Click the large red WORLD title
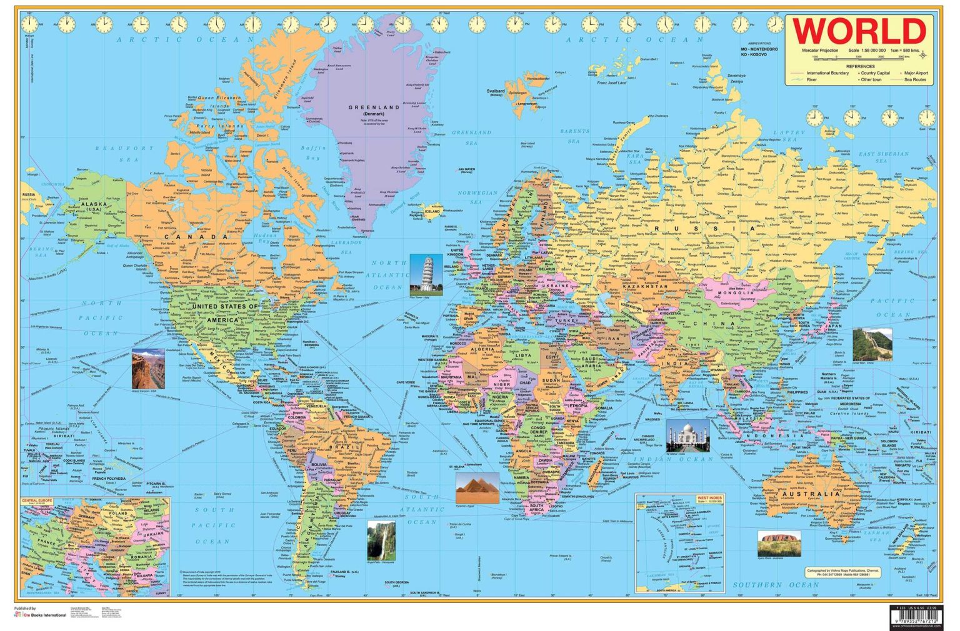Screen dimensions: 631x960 (859, 31)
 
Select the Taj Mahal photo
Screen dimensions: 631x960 (687, 435)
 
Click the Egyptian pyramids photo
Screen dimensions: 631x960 (477, 487)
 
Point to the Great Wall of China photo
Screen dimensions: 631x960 (872, 344)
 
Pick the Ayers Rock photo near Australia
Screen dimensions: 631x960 (779, 543)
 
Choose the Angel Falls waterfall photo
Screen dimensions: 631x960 (381, 541)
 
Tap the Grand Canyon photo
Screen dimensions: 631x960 (148, 370)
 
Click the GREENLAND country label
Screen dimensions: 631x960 (373, 107)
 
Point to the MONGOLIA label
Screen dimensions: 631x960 (736, 292)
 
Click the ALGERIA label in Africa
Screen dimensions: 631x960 (482, 350)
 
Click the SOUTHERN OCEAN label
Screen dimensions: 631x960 (776, 585)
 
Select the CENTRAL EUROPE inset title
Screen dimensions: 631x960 (37, 500)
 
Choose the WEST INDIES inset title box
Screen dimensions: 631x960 (709, 499)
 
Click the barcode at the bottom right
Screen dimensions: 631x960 (916, 619)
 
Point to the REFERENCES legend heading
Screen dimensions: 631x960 (860, 66)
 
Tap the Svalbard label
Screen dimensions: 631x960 (495, 91)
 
